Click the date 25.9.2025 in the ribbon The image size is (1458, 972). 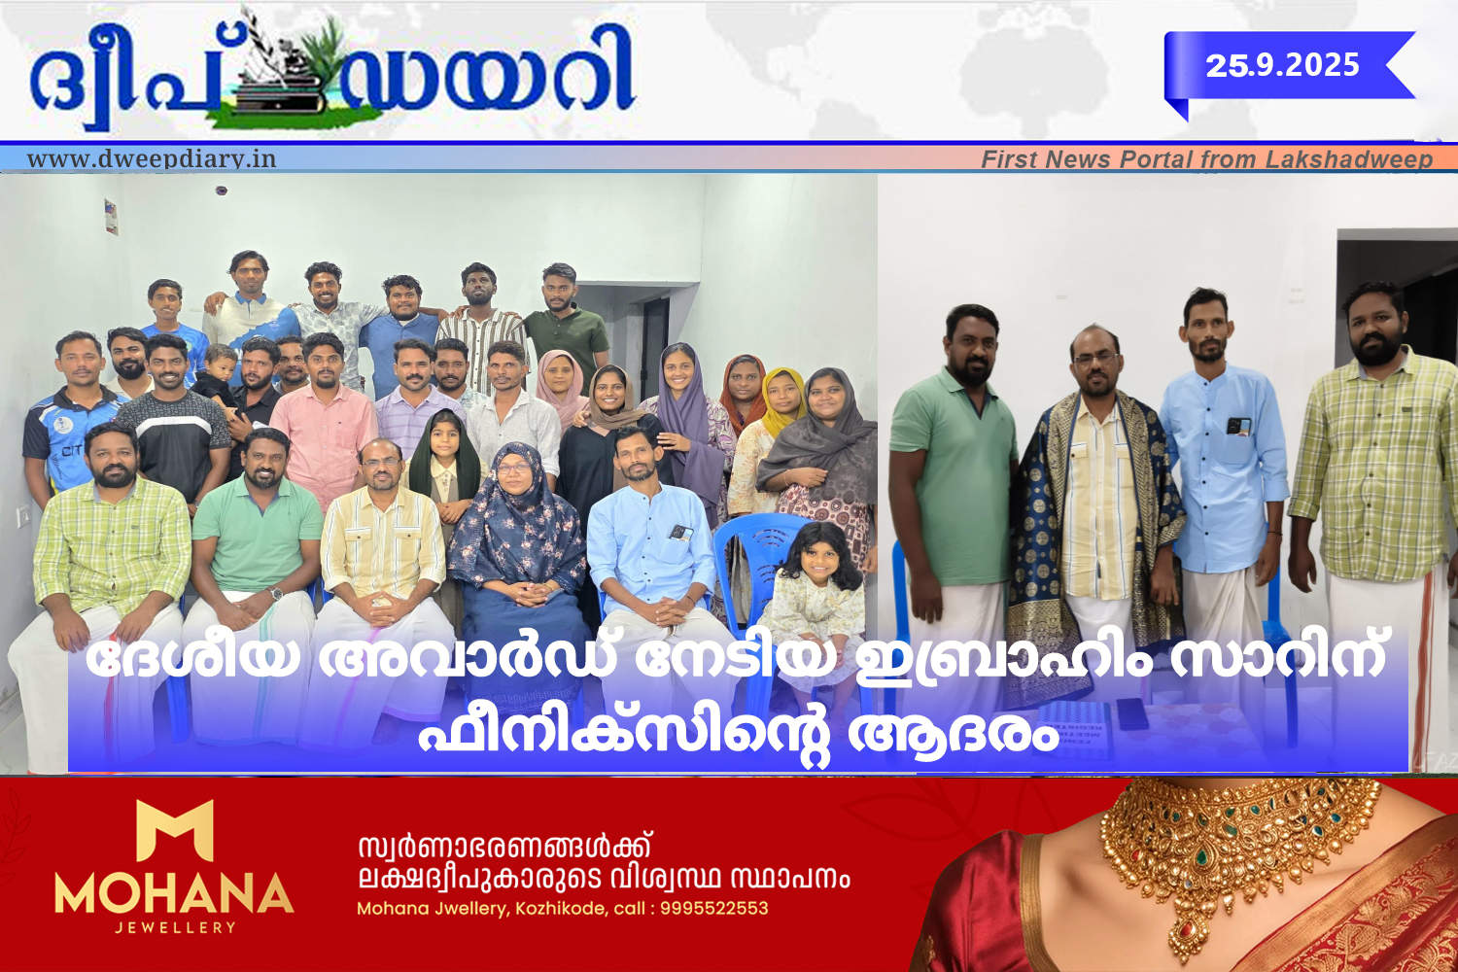pyautogui.click(x=1282, y=65)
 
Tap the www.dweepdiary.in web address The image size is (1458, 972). pyautogui.click(x=152, y=158)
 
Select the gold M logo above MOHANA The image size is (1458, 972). pyautogui.click(x=174, y=830)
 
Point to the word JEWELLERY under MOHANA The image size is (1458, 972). pyautogui.click(x=175, y=927)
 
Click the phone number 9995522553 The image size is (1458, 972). pyautogui.click(x=714, y=908)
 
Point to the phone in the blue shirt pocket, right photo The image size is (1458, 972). pyautogui.click(x=1238, y=426)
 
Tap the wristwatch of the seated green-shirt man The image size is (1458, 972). pyautogui.click(x=277, y=593)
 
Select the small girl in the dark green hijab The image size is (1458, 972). pyautogui.click(x=445, y=469)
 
